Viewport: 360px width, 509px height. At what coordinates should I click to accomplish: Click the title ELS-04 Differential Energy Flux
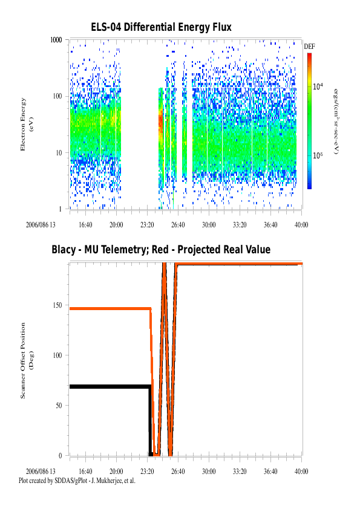tap(161, 27)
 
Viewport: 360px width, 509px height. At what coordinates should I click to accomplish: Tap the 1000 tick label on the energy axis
tap(56, 40)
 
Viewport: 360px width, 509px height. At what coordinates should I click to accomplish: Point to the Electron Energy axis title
tap(27, 125)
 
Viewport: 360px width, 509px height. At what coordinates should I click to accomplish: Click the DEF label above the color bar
tap(309, 47)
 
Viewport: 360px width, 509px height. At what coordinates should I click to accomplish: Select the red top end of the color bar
tap(310, 55)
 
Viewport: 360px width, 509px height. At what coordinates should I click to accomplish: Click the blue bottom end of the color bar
tap(310, 187)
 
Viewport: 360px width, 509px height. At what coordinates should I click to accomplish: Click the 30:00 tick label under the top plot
tap(209, 225)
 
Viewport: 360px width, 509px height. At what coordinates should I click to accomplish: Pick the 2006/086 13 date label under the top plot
tap(41, 225)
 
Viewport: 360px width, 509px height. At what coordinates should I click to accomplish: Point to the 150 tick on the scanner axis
tap(57, 305)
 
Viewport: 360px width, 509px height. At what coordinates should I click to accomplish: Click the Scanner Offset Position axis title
tap(27, 360)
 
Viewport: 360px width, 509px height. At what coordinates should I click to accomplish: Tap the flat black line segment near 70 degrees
tap(110, 387)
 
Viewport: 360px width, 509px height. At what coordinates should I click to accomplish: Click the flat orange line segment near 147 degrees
tap(111, 308)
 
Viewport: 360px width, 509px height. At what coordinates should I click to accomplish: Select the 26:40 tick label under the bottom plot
tap(178, 472)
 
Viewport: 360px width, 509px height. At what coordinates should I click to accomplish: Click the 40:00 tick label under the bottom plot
tap(301, 472)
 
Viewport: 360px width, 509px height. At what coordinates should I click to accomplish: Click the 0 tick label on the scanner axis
tap(60, 456)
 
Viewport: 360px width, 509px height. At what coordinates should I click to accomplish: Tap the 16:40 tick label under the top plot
tap(85, 225)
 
